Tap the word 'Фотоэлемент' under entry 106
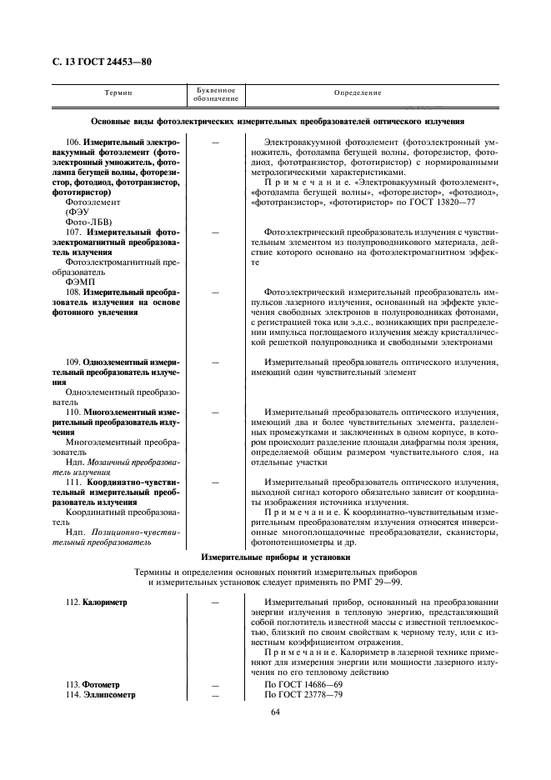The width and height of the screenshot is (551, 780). (92, 202)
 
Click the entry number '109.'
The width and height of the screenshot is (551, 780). (74, 362)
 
